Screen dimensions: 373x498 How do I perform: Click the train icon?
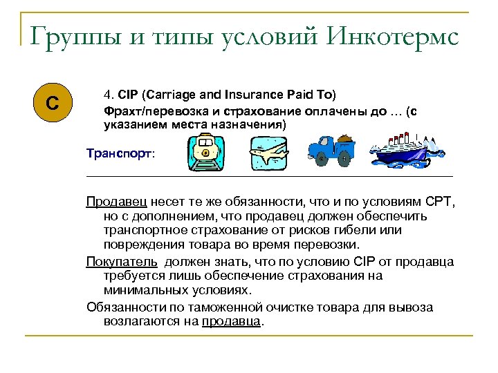(206, 155)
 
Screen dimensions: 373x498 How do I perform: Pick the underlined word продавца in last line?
(232, 321)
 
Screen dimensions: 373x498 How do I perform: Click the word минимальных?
(142, 291)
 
